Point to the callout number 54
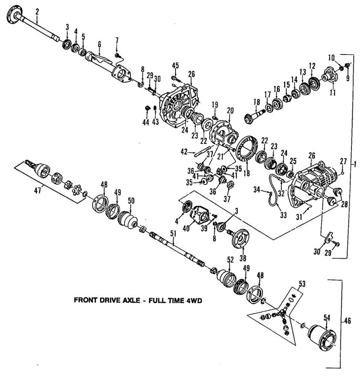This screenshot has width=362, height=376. [x=327, y=318]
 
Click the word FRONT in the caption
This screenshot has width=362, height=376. [x=86, y=300]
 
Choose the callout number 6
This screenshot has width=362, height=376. [x=99, y=44]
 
